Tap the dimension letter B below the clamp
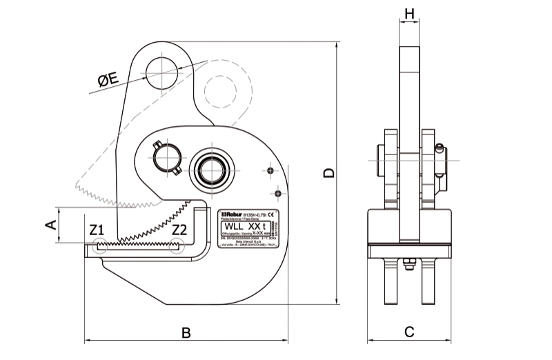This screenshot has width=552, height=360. pos(186,332)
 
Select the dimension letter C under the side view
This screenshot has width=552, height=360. pos(408,332)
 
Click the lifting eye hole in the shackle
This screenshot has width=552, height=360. pos(161,72)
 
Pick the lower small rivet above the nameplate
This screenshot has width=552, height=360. pos(278,188)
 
